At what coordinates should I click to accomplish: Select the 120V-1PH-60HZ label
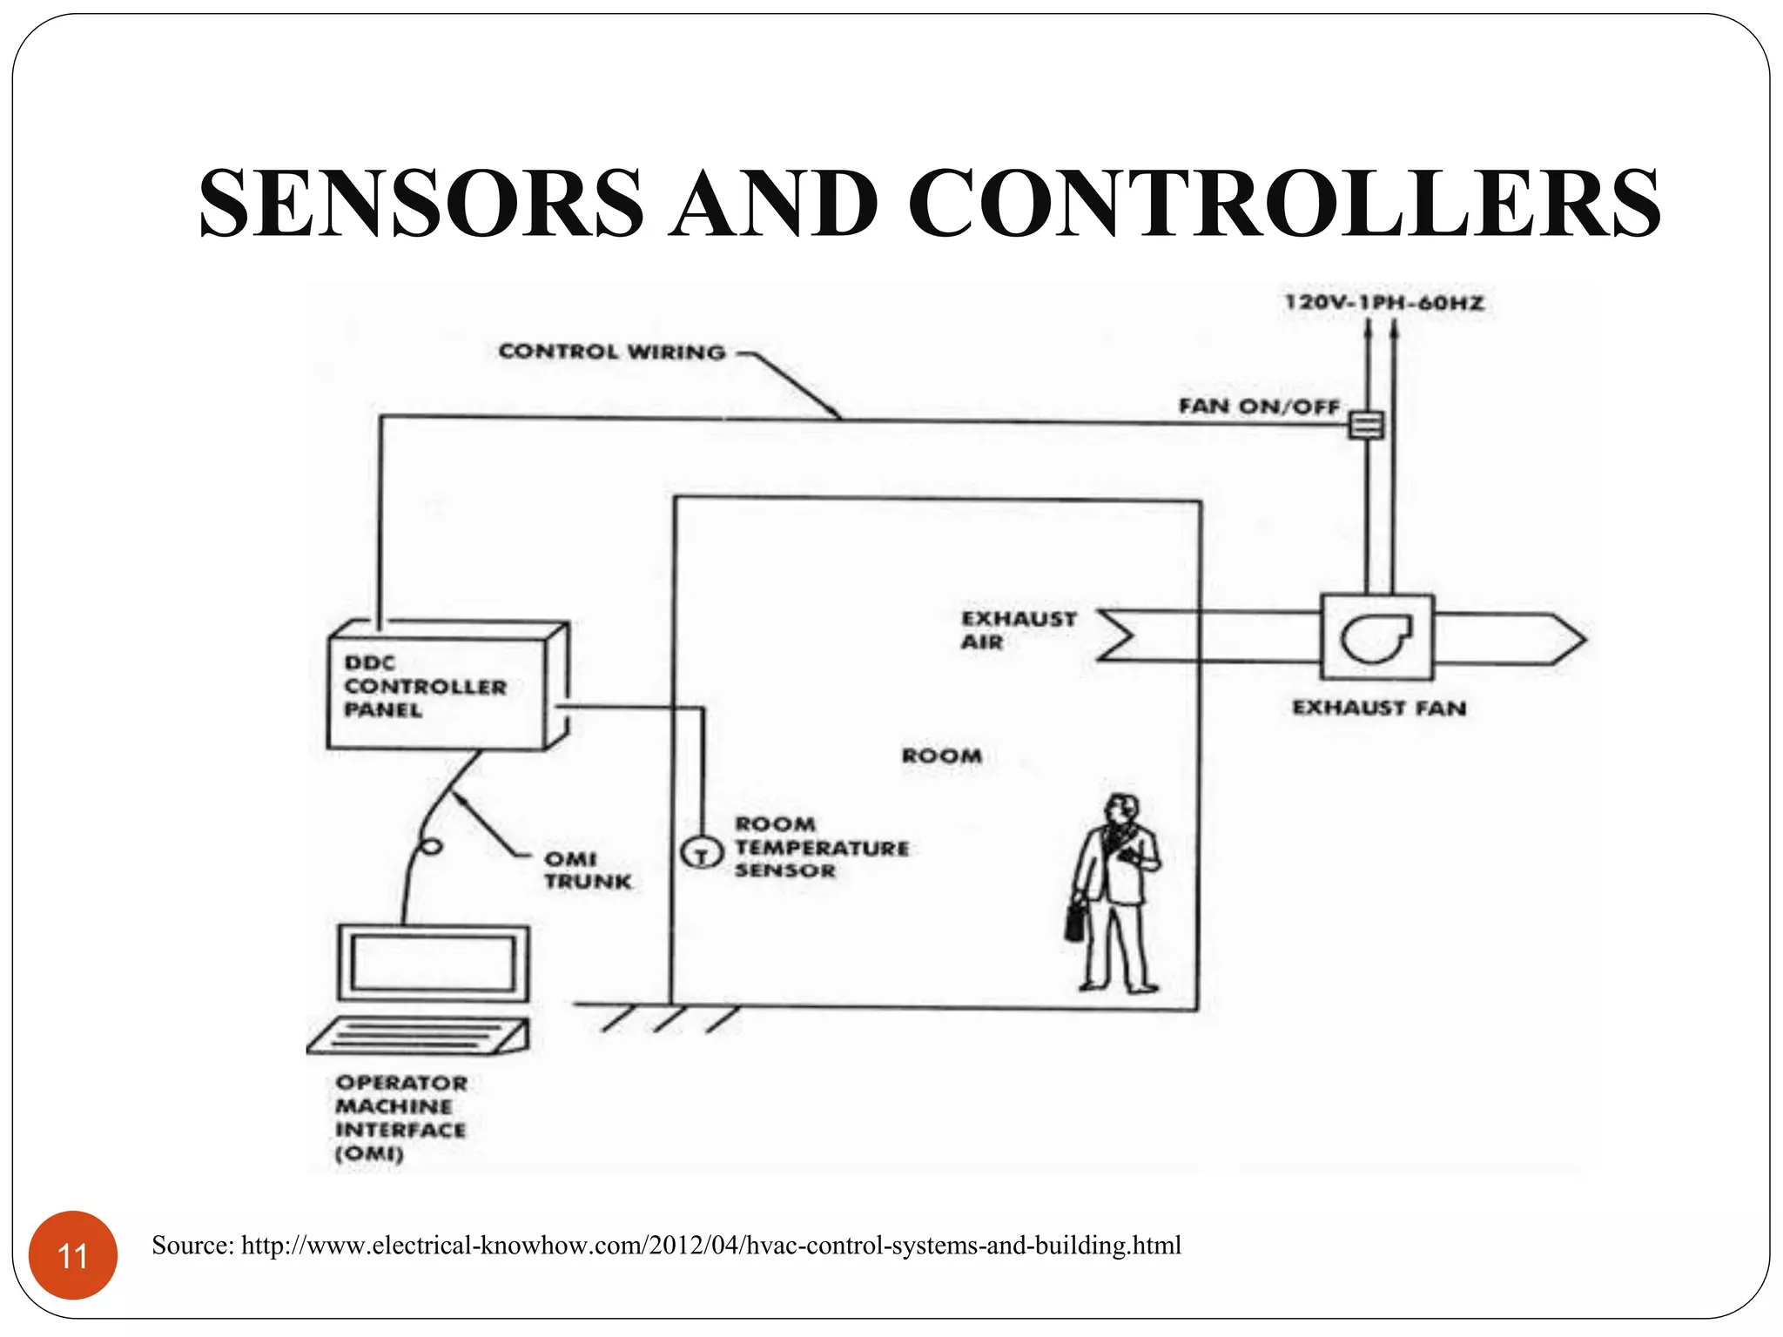[x=1383, y=303]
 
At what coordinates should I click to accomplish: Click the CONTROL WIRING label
[x=611, y=352]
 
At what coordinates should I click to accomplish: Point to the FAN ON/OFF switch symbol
[x=1366, y=425]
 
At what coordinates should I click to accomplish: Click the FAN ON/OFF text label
[x=1259, y=406]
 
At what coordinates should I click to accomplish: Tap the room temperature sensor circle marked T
[x=701, y=852]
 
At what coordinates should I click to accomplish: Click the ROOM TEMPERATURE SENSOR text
[x=821, y=847]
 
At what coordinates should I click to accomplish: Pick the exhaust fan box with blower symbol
[x=1376, y=637]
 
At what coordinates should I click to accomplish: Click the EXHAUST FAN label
[x=1379, y=708]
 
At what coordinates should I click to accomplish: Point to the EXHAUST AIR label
[x=1017, y=630]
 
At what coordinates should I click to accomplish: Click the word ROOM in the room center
[x=942, y=756]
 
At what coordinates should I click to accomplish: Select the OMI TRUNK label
[x=587, y=870]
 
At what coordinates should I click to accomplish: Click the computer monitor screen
[x=433, y=963]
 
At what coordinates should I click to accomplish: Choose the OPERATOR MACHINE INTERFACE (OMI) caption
[x=400, y=1118]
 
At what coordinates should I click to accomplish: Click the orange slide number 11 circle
[x=73, y=1255]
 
